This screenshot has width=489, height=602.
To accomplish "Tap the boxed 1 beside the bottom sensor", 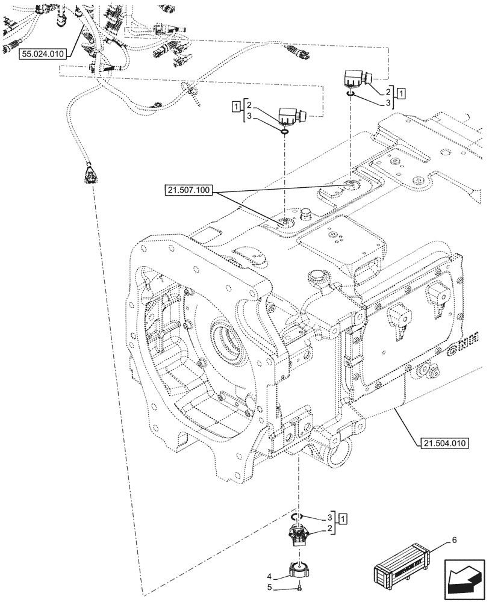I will [x=342, y=518].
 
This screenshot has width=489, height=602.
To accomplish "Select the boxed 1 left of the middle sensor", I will [x=235, y=107].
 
